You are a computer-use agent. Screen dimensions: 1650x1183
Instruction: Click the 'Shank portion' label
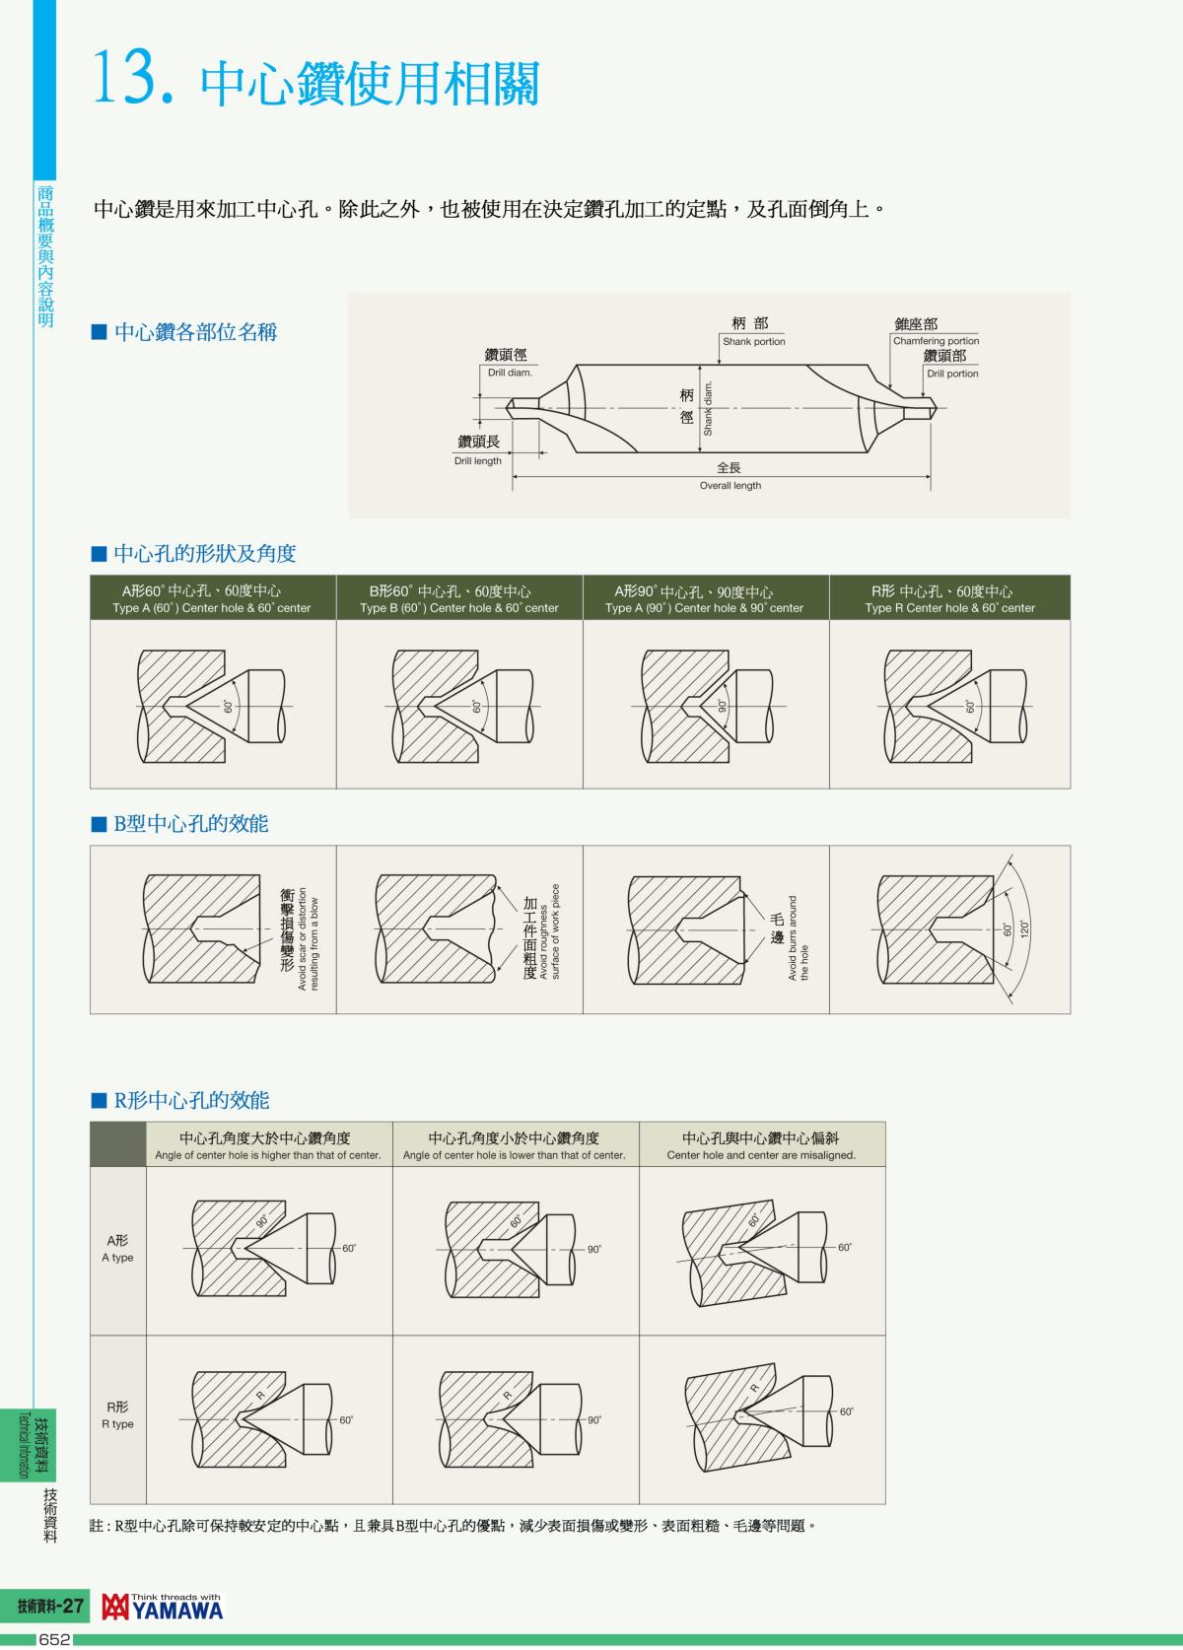point(753,341)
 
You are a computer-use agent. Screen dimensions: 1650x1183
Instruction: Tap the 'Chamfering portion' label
point(936,341)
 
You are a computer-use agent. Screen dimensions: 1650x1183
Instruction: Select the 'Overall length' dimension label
point(730,485)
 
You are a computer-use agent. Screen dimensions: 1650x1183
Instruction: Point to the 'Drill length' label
point(477,460)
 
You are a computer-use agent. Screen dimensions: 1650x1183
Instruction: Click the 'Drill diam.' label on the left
point(510,373)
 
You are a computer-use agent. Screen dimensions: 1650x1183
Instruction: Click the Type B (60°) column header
point(459,599)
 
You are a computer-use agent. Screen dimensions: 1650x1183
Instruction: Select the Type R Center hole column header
point(949,599)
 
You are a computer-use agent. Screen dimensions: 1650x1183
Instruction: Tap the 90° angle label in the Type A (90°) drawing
point(722,706)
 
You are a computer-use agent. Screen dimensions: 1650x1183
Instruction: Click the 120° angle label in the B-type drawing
point(1024,928)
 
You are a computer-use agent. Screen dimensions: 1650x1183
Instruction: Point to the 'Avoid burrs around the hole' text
point(799,937)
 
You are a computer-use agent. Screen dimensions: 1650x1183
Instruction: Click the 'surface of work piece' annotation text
point(555,931)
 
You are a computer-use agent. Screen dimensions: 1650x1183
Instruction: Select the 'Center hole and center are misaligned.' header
point(761,1154)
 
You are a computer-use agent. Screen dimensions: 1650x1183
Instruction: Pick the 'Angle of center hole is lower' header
point(514,1154)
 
